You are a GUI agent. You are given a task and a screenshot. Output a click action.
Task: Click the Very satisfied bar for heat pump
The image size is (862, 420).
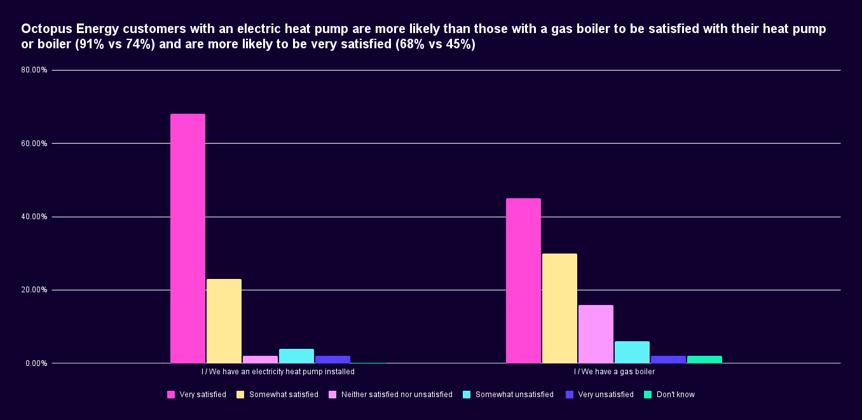pos(188,238)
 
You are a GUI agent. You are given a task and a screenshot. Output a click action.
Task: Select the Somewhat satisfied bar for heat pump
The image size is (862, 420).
pos(224,321)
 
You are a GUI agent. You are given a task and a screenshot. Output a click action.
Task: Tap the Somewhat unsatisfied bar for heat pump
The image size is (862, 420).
pos(296,356)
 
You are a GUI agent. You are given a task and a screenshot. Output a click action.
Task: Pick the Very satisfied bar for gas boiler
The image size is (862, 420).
pos(523,281)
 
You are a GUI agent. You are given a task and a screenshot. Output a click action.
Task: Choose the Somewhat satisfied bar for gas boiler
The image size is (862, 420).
pos(559,308)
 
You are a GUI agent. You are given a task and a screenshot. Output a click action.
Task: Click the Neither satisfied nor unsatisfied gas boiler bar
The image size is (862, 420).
pos(596,334)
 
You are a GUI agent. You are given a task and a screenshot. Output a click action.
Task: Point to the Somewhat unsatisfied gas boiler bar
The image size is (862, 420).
pos(632,352)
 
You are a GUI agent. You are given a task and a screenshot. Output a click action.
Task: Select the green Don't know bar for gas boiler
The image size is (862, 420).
pos(704,360)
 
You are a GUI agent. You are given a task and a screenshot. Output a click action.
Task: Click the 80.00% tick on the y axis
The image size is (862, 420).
pos(34,70)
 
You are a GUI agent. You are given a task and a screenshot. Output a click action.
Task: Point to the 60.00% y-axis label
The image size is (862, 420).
pos(34,144)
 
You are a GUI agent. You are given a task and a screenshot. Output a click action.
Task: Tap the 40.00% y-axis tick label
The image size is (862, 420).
pos(34,217)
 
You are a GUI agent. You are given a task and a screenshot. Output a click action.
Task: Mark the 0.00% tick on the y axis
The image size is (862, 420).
pos(36,363)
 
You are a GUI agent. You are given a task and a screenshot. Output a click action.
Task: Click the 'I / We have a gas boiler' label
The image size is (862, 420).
pos(614,372)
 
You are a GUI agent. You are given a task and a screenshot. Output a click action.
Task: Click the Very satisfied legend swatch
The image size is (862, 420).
pos(171,395)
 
